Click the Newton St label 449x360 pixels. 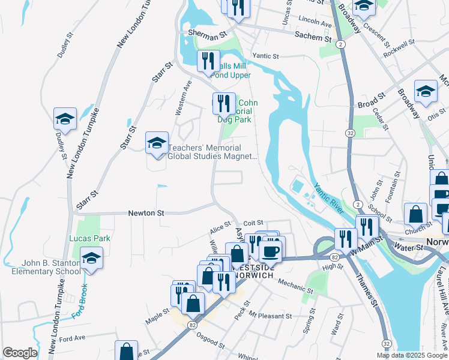[x=146, y=213]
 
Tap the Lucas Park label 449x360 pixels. [x=90, y=238]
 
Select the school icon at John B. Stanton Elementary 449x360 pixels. [x=91, y=258]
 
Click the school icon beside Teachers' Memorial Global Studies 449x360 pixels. [x=157, y=143]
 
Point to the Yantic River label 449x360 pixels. [x=328, y=199]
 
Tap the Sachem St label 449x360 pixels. [x=313, y=37]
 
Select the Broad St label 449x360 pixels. [x=371, y=100]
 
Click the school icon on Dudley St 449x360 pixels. [x=65, y=119]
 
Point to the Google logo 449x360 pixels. [x=20, y=353]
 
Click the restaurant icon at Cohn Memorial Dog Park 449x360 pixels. [x=223, y=103]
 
